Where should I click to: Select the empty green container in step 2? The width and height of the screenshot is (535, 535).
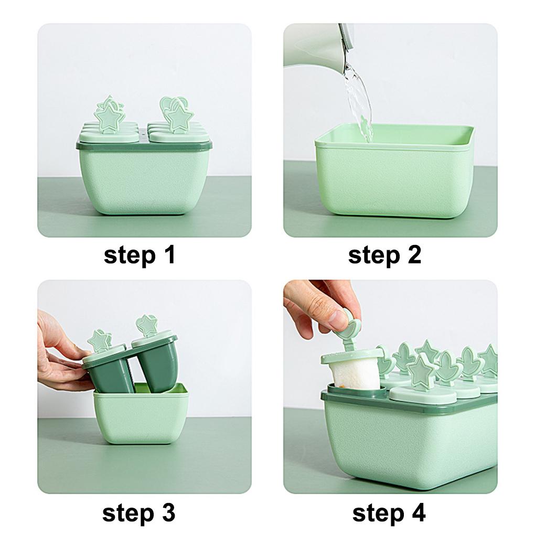393,173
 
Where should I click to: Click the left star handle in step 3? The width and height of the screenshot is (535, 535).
99,340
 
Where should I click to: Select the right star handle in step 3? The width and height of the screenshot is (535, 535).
147,325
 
